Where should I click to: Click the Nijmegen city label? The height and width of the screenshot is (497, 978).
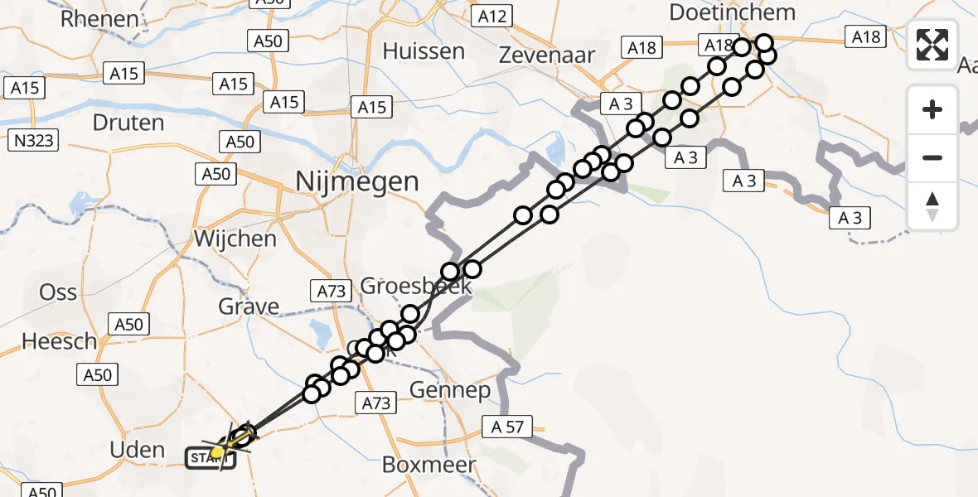(358, 181)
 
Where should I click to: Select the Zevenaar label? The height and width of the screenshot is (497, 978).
(548, 55)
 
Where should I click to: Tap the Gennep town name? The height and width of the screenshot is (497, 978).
(451, 390)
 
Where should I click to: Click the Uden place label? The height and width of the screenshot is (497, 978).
(138, 450)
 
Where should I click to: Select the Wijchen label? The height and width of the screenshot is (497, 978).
(235, 239)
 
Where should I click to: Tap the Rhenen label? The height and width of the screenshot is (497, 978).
(99, 18)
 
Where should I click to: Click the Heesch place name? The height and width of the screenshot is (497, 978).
(60, 341)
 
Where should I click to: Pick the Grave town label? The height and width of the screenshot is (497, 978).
(249, 307)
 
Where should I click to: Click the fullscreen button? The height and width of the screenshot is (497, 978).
(932, 45)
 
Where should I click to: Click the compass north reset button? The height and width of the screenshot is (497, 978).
(932, 206)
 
